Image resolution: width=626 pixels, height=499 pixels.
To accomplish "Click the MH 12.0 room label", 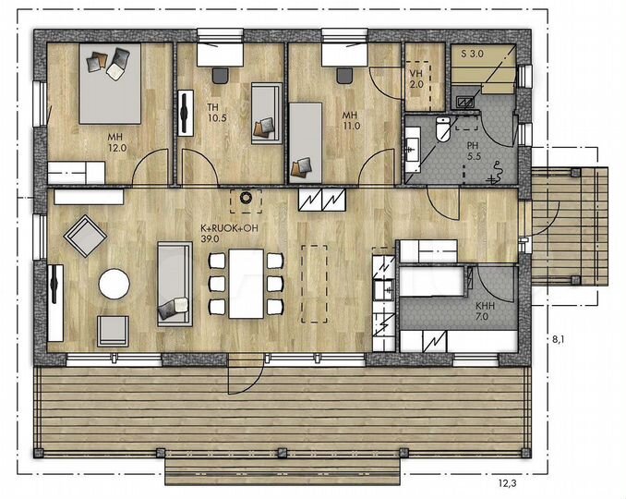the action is (x=117, y=142).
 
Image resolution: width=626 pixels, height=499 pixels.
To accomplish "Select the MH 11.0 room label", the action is (x=351, y=120).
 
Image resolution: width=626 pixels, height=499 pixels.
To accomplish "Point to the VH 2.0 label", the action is (x=416, y=79).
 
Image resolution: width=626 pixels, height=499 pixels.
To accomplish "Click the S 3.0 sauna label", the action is (x=473, y=54).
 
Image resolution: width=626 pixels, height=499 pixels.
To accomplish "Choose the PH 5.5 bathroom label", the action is (x=474, y=151).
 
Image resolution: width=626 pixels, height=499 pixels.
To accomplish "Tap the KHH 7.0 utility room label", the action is (x=485, y=311).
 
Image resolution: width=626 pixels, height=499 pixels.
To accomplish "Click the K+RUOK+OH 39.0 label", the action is (x=229, y=234).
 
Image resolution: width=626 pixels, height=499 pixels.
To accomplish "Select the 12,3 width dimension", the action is (x=507, y=483).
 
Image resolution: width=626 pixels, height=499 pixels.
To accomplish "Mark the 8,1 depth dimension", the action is (x=558, y=339).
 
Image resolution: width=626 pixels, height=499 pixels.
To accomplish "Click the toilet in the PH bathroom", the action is (x=443, y=129).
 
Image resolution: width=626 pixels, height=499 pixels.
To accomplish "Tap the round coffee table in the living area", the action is (x=114, y=284).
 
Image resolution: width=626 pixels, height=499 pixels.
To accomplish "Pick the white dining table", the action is (x=246, y=284).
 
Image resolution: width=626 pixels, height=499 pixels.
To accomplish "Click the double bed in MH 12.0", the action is (x=110, y=83).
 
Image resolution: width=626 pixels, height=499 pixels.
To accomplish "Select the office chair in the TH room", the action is (x=221, y=76).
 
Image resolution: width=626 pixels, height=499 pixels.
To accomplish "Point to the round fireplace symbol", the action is (x=245, y=198).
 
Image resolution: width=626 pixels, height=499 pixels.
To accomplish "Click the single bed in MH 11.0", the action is (x=306, y=142).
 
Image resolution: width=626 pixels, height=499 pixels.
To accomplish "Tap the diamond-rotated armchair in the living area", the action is (x=86, y=236).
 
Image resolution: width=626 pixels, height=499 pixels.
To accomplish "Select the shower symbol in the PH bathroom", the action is (x=496, y=172).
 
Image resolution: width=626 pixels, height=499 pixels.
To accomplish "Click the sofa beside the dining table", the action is (x=175, y=284).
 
